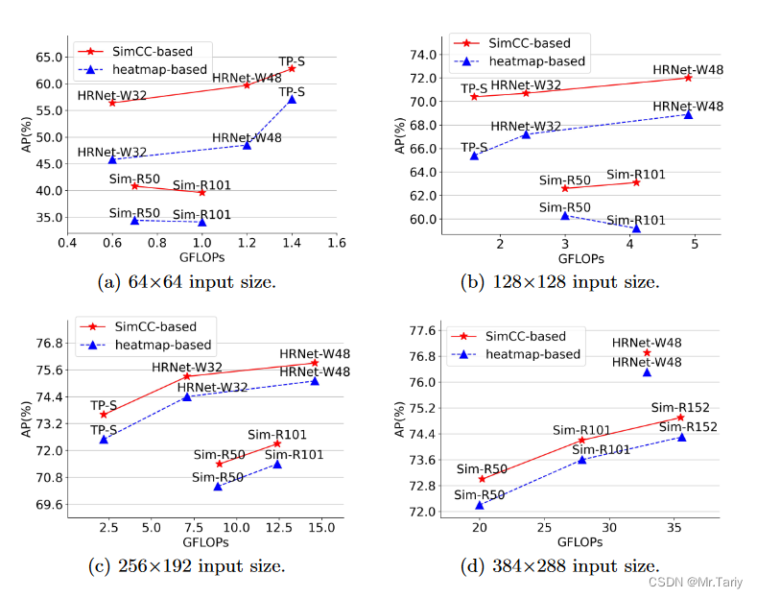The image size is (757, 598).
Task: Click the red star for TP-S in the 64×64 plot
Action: pos(292,68)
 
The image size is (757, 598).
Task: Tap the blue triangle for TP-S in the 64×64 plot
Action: pos(292,99)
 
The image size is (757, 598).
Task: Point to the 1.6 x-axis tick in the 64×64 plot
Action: pos(336,243)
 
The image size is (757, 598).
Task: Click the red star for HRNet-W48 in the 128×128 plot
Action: pos(688,78)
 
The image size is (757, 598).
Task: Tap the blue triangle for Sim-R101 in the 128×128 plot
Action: pos(636,228)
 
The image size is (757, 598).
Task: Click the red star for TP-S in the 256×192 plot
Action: pos(104,414)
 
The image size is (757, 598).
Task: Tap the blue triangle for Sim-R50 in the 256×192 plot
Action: pos(218,487)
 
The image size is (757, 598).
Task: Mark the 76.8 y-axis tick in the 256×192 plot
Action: pos(45,344)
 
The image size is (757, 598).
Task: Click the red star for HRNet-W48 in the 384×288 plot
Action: pos(647,352)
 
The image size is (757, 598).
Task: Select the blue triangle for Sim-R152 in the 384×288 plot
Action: pos(681,437)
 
